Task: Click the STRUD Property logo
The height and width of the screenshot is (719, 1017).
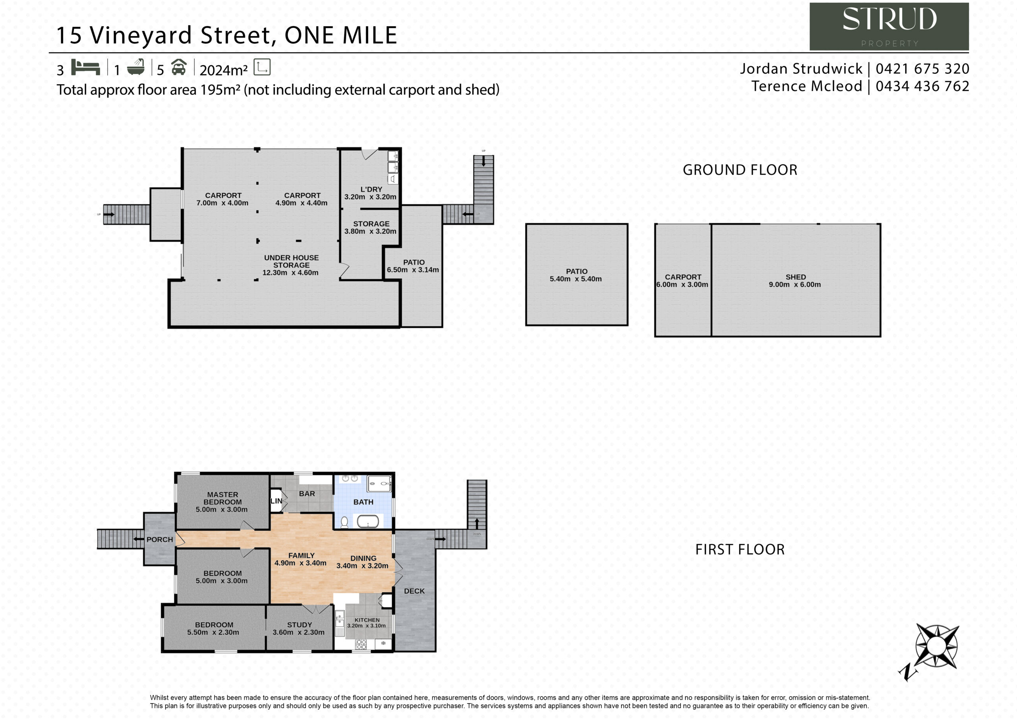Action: point(889,27)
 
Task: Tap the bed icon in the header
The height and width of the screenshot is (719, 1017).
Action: point(85,68)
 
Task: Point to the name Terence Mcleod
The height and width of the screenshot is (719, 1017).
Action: point(807,86)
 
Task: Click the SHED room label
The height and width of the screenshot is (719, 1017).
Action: point(796,277)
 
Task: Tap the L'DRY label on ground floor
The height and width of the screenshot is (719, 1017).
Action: point(371,189)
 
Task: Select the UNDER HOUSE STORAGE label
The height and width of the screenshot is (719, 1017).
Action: point(292,261)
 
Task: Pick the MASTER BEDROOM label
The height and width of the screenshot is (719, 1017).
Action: point(223,499)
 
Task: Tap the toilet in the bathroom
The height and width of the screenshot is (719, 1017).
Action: point(344,522)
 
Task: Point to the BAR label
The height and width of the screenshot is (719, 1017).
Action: point(307,493)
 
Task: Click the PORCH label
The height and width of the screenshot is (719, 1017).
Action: point(160,539)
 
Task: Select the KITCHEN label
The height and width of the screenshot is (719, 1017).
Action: point(367,620)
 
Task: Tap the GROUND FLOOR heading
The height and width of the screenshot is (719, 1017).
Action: point(740,170)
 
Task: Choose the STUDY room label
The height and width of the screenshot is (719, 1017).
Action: point(300,624)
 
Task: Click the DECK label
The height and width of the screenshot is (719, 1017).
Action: point(414,591)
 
